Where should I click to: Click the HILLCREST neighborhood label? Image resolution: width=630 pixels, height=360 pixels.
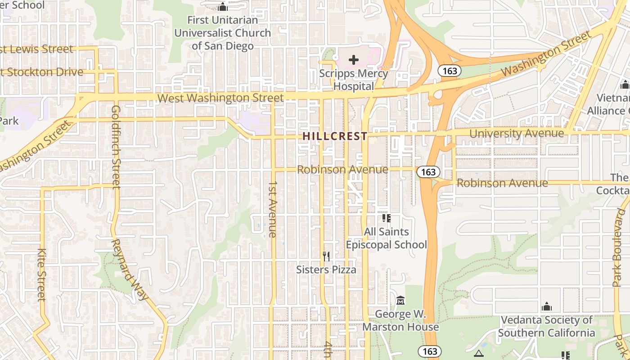[334, 136]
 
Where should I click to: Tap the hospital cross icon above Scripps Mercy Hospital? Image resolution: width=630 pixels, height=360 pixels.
[354, 59]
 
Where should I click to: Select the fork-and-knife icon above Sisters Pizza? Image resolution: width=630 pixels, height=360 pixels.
[326, 256]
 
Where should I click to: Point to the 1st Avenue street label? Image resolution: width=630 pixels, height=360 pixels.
[273, 209]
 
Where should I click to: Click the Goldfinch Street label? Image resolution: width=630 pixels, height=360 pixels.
[116, 147]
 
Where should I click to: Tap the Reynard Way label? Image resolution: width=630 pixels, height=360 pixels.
[130, 269]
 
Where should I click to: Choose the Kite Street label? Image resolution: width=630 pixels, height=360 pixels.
[41, 274]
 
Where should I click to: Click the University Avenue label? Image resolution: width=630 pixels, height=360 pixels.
[516, 133]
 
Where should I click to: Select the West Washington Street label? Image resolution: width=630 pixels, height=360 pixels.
[220, 98]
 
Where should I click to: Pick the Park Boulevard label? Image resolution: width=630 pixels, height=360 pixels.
[616, 250]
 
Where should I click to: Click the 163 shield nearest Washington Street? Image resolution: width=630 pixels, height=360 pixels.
[449, 71]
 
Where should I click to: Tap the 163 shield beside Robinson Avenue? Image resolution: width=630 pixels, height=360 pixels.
[428, 172]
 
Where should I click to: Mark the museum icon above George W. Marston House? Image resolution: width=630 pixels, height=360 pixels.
[400, 300]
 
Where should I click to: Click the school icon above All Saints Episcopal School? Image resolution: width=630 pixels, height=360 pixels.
[386, 218]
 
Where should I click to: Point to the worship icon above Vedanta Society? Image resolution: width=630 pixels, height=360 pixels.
[547, 306]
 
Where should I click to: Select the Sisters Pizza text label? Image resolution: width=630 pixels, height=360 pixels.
[326, 270]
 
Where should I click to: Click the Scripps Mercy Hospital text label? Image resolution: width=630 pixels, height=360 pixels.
[354, 80]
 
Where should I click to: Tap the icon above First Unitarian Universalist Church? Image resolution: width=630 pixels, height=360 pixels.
[222, 7]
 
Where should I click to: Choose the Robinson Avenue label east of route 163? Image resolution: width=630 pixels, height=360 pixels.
[502, 183]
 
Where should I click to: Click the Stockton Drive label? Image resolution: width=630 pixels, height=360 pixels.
[43, 72]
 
